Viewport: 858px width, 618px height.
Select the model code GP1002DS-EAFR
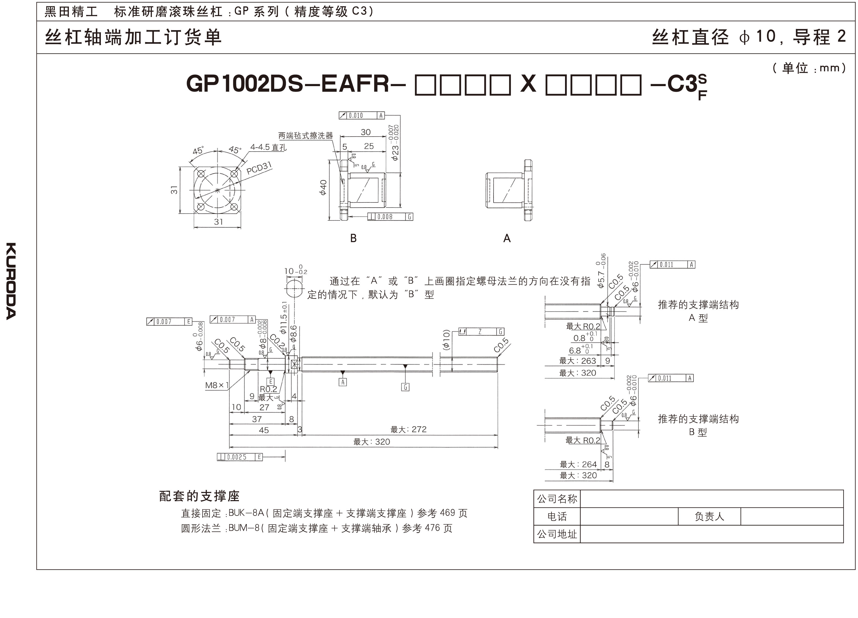(288, 84)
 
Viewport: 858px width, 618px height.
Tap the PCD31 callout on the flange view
(259, 168)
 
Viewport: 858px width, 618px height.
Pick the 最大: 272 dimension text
(408, 429)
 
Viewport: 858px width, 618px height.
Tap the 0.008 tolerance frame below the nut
(390, 217)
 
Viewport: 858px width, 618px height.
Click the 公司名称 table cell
(557, 499)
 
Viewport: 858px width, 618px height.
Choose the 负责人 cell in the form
(709, 516)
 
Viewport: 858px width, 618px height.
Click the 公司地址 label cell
(557, 534)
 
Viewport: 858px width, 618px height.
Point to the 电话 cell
(557, 516)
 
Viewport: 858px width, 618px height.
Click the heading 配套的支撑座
(199, 496)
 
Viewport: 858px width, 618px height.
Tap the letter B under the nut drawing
(353, 238)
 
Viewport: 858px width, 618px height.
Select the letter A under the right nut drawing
(507, 238)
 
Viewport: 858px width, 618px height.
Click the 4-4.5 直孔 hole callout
(268, 147)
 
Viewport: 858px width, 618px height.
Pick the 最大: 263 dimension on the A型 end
(578, 361)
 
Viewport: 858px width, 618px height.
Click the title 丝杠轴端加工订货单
(133, 37)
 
